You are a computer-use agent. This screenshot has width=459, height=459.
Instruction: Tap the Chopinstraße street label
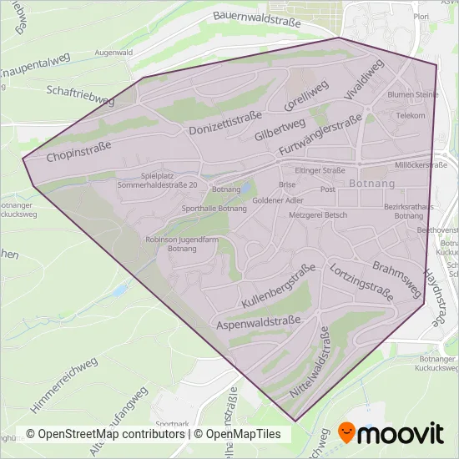[79, 151]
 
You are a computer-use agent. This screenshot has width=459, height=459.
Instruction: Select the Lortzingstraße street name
[361, 281]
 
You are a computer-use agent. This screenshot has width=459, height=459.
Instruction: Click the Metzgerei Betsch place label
[317, 215]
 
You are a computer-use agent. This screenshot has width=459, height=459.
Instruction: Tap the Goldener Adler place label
[278, 201]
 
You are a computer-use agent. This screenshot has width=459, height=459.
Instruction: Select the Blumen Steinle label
[412, 95]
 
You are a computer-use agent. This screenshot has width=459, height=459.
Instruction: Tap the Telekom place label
[411, 116]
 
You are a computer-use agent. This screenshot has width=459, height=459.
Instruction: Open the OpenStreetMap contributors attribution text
[105, 434]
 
